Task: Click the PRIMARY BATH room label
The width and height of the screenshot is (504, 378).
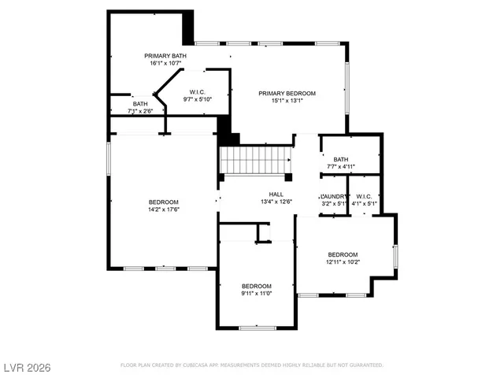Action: click(165, 55)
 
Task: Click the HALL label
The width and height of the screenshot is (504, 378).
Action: click(276, 195)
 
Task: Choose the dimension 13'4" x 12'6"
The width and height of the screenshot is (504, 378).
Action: click(276, 202)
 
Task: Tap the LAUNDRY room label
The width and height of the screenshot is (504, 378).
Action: click(333, 196)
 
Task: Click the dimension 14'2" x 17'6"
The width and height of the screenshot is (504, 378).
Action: click(164, 209)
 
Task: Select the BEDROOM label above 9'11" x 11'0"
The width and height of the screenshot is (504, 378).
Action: click(256, 286)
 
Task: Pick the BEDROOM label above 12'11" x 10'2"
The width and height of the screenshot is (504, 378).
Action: click(343, 254)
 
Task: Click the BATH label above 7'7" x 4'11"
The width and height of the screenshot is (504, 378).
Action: click(340, 159)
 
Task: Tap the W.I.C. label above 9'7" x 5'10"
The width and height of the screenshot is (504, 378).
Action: click(197, 91)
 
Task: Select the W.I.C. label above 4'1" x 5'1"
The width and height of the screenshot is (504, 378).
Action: click(363, 196)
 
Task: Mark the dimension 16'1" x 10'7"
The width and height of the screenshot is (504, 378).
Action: click(165, 63)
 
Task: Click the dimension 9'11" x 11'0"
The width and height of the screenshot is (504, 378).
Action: click(256, 294)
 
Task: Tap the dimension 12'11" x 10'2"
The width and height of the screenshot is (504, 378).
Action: click(343, 262)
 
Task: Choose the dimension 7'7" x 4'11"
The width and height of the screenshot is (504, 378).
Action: click(340, 167)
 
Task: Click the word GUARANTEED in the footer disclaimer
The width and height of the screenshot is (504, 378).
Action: click(365, 365)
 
